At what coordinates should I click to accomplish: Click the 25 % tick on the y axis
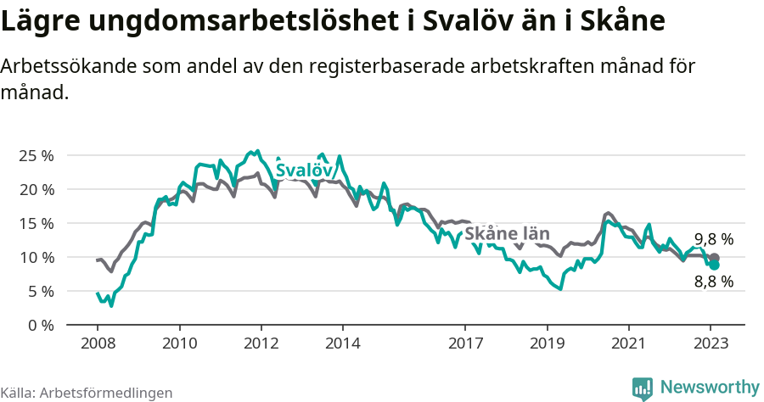36,155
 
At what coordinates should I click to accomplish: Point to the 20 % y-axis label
36,189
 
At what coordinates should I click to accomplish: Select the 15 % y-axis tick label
36,223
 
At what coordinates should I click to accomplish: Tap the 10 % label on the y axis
36,257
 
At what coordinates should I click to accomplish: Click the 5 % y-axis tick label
40,291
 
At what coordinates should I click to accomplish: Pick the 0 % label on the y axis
40,325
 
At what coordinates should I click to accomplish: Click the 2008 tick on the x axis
98,343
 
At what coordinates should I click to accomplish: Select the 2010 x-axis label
179,343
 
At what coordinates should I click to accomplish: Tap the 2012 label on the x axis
261,343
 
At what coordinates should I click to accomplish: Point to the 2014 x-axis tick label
342,343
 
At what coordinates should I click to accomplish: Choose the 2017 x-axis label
465,343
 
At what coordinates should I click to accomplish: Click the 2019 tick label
547,343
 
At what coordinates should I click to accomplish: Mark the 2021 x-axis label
628,343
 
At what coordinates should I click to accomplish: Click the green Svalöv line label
303,170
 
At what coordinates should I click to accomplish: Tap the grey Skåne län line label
507,234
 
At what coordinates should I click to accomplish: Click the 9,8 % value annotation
713,239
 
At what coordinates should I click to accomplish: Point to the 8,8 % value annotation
713,282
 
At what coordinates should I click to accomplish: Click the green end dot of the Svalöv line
715,265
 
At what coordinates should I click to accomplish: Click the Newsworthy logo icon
643,388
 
